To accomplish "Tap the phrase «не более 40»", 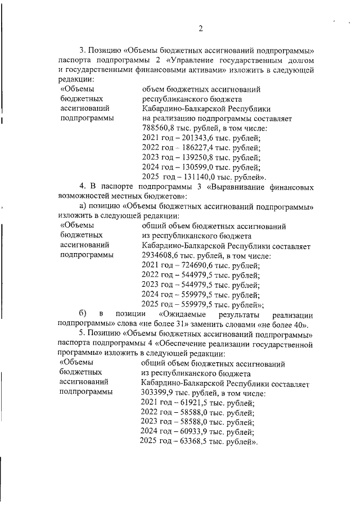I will [289, 324].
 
